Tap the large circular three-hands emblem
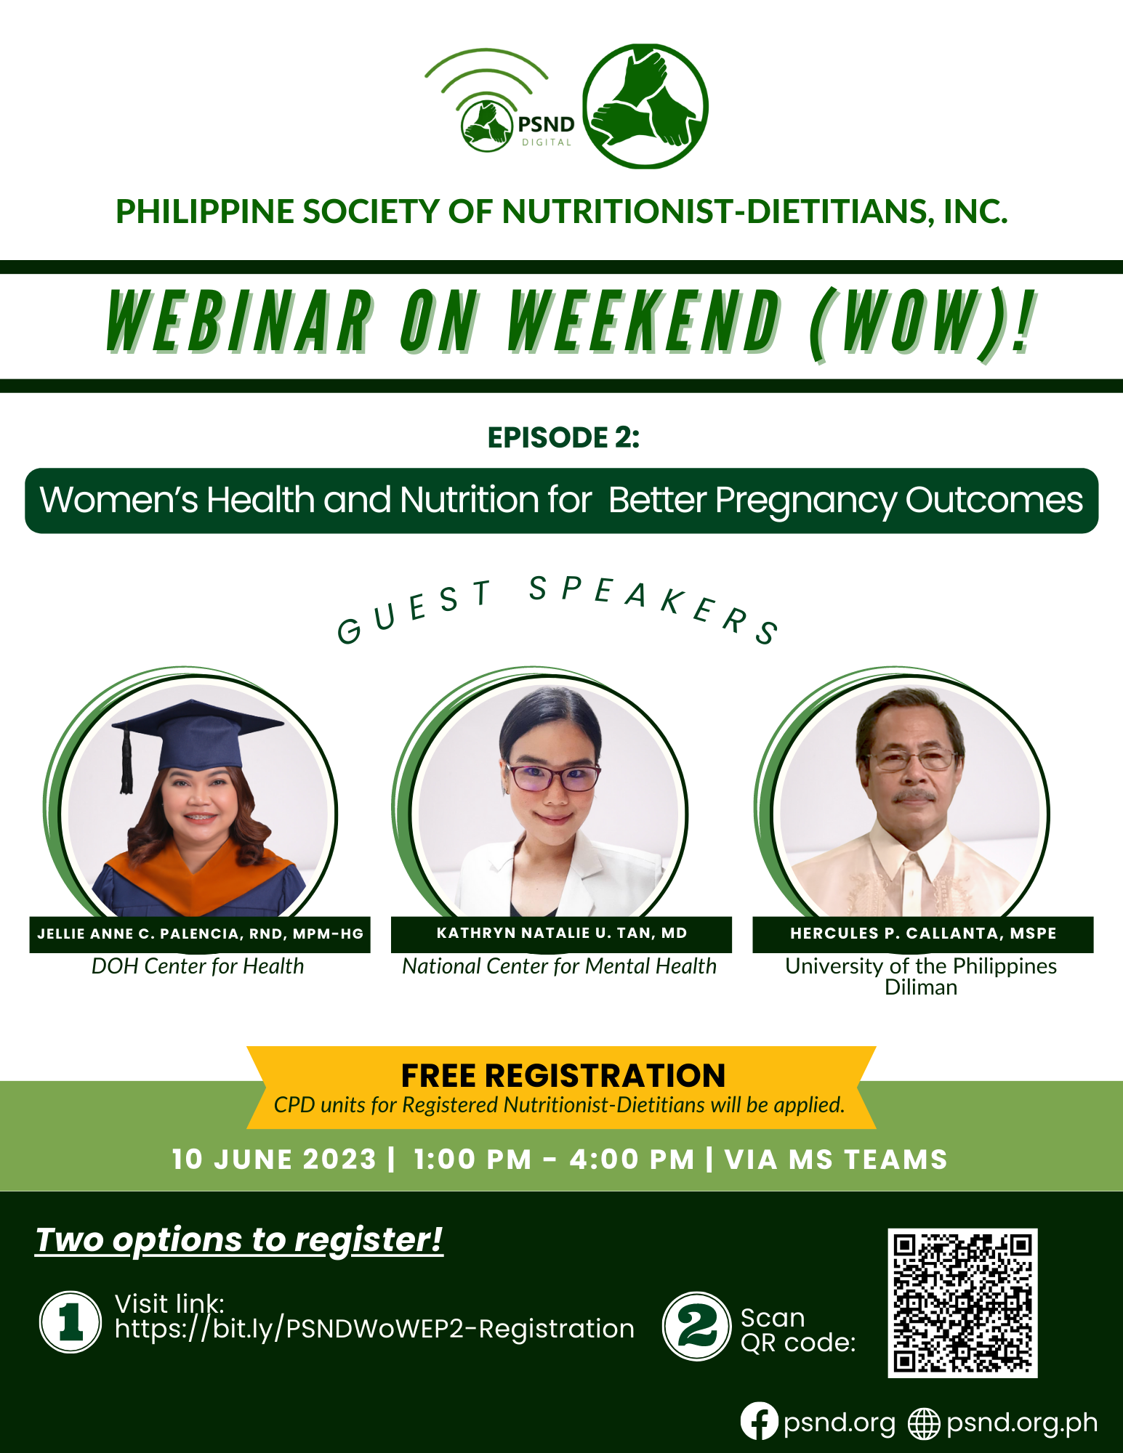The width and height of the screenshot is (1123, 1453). tap(645, 106)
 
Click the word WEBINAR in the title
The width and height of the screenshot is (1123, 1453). tap(240, 322)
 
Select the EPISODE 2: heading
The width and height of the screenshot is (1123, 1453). tap(563, 437)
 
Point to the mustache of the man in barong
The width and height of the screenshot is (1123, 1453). tap(914, 796)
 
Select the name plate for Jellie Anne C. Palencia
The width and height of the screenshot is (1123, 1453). tap(200, 934)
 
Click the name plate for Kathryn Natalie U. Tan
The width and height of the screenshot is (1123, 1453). tap(561, 934)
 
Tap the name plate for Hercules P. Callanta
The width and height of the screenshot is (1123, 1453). tap(922, 934)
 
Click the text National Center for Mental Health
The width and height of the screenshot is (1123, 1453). tap(559, 966)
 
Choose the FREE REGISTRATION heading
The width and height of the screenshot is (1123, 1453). tap(563, 1075)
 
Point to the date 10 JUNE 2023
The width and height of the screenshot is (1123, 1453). tap(274, 1159)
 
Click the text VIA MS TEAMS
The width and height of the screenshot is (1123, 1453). tap(836, 1159)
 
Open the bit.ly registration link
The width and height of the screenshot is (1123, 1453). tap(374, 1329)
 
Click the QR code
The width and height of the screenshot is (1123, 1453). tap(962, 1303)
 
